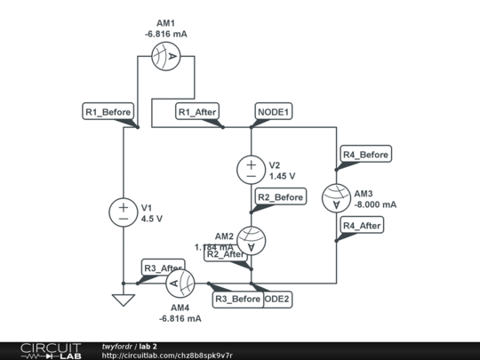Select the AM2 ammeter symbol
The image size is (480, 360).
252,240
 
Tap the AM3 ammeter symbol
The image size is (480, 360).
337,198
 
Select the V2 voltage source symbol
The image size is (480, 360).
252,169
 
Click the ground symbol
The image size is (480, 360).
123,300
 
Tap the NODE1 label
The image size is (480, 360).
275,112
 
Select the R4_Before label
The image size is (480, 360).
366,155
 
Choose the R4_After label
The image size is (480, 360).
364,226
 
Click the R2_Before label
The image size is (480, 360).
280,196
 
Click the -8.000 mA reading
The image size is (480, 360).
375,204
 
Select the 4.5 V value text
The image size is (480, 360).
151,218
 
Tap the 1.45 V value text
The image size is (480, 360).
282,176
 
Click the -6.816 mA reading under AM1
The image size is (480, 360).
166,34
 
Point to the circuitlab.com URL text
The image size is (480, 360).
167,356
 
